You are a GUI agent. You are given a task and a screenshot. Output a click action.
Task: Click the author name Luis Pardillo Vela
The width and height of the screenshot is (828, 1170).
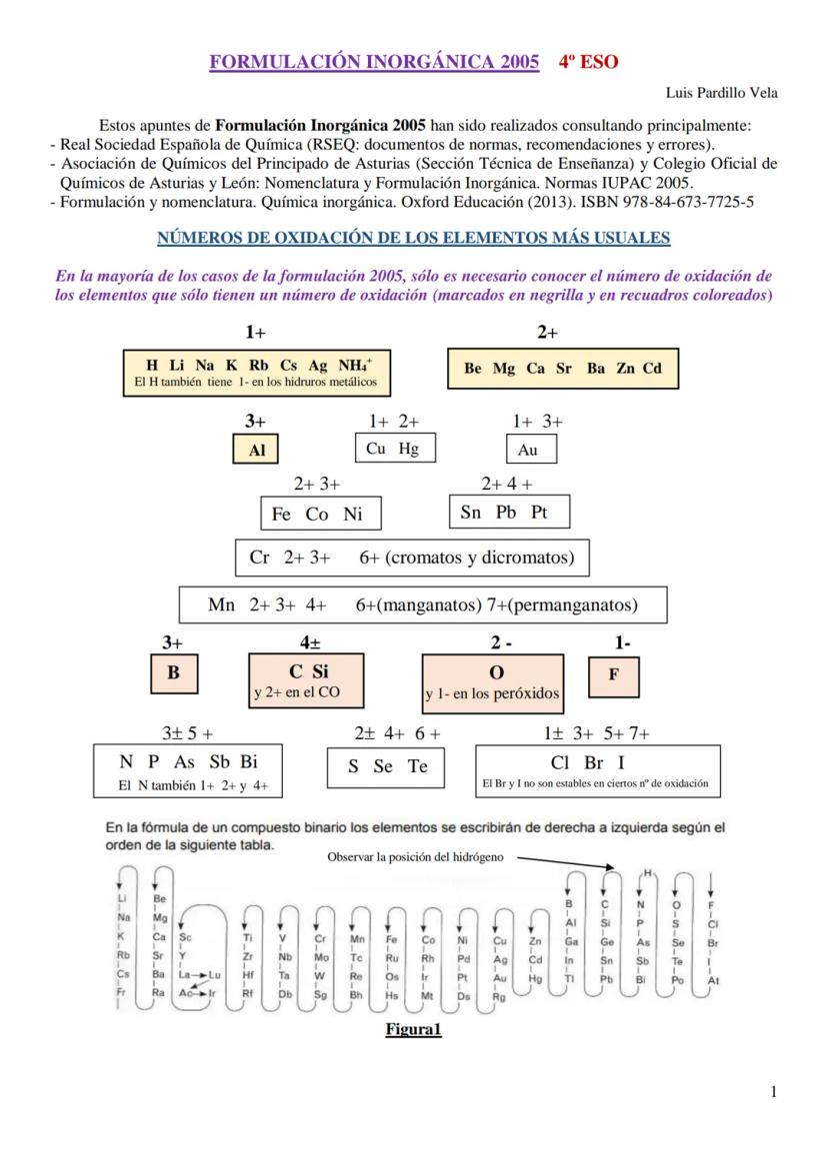(x=721, y=93)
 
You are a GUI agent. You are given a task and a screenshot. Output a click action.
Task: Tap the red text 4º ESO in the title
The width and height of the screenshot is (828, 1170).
(x=588, y=62)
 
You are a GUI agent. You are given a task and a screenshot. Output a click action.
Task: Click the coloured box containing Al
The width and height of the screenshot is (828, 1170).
(x=257, y=450)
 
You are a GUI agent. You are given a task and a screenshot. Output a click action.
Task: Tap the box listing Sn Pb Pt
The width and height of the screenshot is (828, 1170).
(x=510, y=513)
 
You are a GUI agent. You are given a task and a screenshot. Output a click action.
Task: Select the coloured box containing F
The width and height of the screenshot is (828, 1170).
(x=614, y=673)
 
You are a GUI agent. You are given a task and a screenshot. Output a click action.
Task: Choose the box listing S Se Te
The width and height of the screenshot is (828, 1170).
(x=389, y=766)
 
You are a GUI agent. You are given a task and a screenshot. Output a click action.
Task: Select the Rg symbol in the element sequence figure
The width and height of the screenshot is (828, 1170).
(x=499, y=996)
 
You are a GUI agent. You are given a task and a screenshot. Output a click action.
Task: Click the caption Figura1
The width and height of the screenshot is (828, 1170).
(x=413, y=1029)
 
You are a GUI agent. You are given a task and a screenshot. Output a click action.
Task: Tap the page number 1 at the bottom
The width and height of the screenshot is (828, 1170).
(x=774, y=1092)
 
